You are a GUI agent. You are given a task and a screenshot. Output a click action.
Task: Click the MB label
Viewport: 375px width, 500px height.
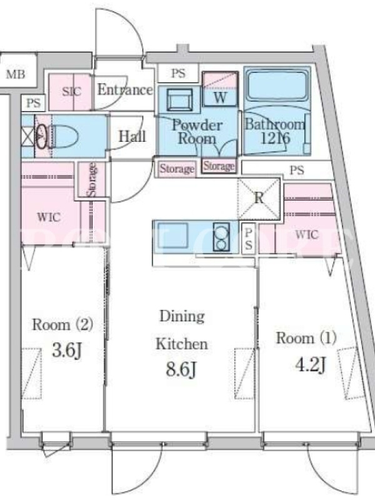coord(16,74)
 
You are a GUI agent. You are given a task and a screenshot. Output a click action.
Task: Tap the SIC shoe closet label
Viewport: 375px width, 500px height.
coord(72,91)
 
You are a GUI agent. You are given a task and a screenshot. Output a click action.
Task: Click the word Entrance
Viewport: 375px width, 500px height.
coord(125,89)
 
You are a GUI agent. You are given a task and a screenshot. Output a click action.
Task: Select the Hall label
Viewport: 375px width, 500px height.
coord(132,136)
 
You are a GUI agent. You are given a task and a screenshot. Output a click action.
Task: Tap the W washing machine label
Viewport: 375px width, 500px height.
coord(220,97)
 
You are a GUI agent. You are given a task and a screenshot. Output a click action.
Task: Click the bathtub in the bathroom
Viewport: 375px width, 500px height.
coord(277,85)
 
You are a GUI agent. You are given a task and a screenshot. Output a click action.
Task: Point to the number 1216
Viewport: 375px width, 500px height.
coord(276,138)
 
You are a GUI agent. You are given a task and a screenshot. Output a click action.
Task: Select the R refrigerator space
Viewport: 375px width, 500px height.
coord(259,198)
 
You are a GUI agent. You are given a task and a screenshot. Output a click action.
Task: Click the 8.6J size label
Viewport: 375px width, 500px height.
coord(181,370)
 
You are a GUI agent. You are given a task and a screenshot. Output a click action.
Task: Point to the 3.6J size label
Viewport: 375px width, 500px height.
coord(67,351)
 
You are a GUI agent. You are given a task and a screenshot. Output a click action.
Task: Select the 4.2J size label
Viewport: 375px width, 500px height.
coord(311,364)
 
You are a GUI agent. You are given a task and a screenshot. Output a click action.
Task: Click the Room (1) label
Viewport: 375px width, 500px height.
coord(306,338)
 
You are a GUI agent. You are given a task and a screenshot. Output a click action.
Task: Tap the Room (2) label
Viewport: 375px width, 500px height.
coord(62,324)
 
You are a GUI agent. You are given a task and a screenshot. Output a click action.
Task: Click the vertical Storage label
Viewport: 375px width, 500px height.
coord(92,179)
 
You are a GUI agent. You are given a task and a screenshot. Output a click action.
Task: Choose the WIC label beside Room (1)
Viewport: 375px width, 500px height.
coord(307,234)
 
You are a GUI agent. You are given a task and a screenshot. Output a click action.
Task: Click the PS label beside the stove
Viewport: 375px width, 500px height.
coord(248,239)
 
